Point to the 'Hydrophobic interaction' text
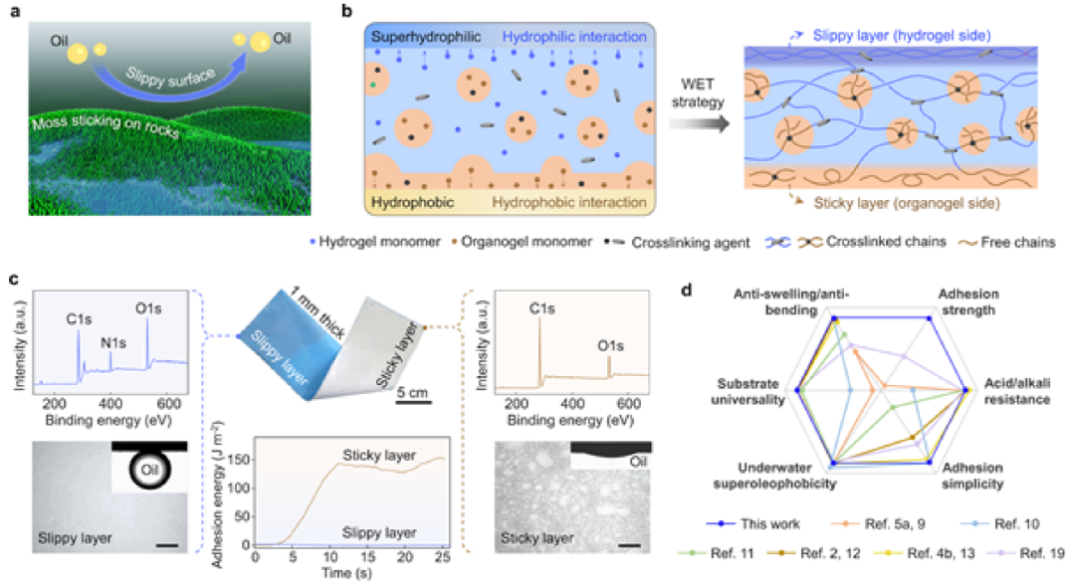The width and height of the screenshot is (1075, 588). click(554, 199)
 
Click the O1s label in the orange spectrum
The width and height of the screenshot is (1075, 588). click(616, 347)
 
